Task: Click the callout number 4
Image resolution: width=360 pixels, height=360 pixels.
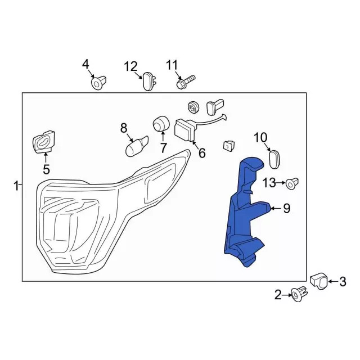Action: pos(85,64)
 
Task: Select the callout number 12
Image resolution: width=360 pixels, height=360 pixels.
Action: pos(130,66)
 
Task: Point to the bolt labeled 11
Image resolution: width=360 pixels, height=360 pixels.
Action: pos(184,82)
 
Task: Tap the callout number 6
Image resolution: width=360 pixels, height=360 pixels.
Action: pos(201,153)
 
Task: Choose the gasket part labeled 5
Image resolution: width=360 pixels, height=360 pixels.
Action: pos(44,141)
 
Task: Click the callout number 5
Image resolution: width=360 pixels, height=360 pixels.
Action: pos(46,169)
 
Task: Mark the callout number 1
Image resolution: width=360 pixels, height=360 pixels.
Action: pos(16,185)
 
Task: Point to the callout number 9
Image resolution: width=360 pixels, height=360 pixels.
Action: pos(286,209)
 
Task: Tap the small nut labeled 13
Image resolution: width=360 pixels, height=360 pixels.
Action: pos(292,183)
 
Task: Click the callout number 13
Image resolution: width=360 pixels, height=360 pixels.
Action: pos(269,182)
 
